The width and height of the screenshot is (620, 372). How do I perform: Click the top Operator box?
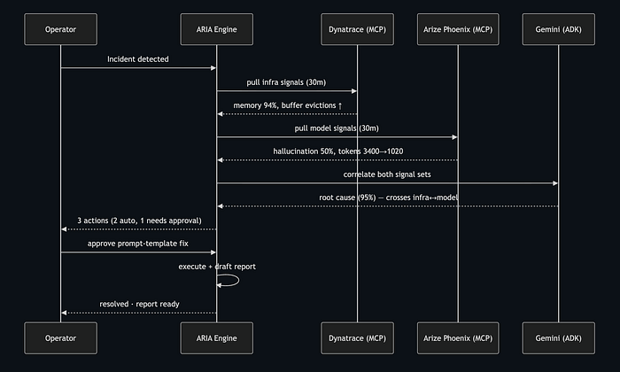click(60, 29)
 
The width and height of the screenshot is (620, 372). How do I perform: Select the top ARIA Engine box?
click(217, 29)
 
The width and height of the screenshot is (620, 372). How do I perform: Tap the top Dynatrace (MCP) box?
click(358, 29)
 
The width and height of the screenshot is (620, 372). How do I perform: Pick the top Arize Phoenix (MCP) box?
click(458, 29)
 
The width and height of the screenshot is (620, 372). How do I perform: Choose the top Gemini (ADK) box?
click(558, 29)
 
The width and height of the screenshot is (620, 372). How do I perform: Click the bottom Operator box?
click(60, 338)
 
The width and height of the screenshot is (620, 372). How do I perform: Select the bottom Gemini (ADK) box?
click(558, 338)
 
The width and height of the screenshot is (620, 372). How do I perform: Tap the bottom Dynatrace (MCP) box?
click(358, 338)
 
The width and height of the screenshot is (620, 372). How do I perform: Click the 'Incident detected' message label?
click(138, 59)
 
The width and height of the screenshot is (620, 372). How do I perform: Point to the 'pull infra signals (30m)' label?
click(286, 82)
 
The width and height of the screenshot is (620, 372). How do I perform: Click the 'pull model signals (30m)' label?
click(337, 128)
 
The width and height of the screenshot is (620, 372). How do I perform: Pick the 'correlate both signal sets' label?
click(387, 174)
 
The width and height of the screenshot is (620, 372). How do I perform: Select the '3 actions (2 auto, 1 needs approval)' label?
click(139, 221)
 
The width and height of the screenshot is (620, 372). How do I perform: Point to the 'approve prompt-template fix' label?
click(138, 244)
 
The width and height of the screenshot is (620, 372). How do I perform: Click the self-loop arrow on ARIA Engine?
click(239, 280)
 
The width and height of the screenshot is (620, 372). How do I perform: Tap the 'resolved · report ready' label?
click(139, 304)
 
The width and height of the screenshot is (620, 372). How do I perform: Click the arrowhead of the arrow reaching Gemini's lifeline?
click(555, 183)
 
